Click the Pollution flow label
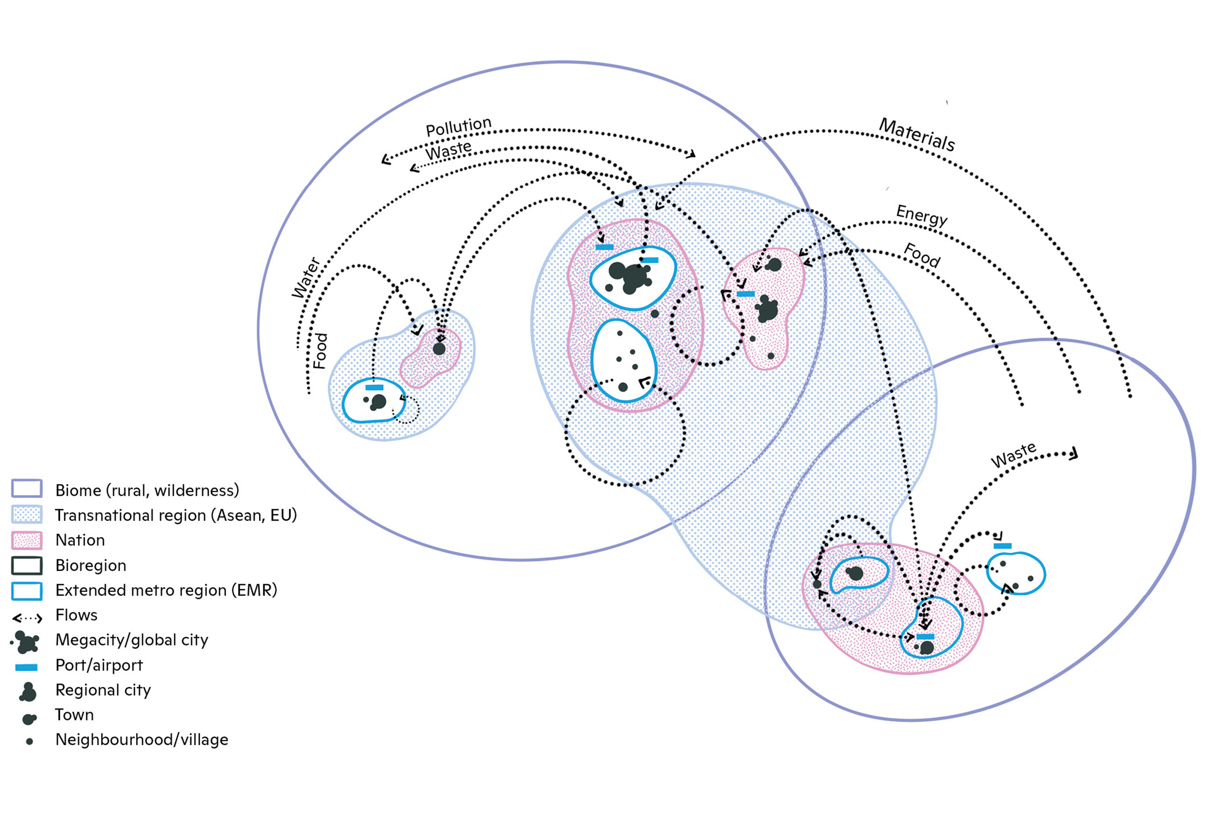[x=458, y=126]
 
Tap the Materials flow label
[x=916, y=134]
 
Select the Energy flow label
[x=922, y=215]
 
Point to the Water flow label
[x=305, y=278]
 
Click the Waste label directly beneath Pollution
[x=448, y=151]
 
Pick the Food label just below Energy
[x=922, y=255]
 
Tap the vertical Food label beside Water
[x=321, y=351]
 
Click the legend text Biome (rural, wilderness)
[x=147, y=490]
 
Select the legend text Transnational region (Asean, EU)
[x=176, y=515]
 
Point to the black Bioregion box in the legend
[x=26, y=565]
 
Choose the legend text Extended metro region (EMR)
[x=166, y=590]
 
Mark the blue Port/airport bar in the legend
[x=26, y=667]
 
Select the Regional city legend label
[x=103, y=690]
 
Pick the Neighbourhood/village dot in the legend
[x=30, y=742]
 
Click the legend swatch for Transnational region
[x=26, y=515]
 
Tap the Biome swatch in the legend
[x=26, y=488]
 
